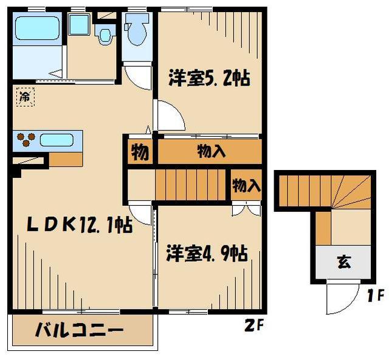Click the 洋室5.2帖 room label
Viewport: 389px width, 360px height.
(x=208, y=79)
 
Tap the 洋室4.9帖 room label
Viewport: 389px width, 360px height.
(x=207, y=253)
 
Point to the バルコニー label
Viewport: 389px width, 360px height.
(x=79, y=331)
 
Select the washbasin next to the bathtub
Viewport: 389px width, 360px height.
(x=78, y=25)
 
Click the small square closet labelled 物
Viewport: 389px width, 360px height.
(x=140, y=152)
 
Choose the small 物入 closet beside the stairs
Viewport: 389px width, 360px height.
(x=246, y=185)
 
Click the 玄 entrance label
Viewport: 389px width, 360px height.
(x=343, y=263)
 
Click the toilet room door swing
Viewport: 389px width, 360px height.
(x=139, y=76)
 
